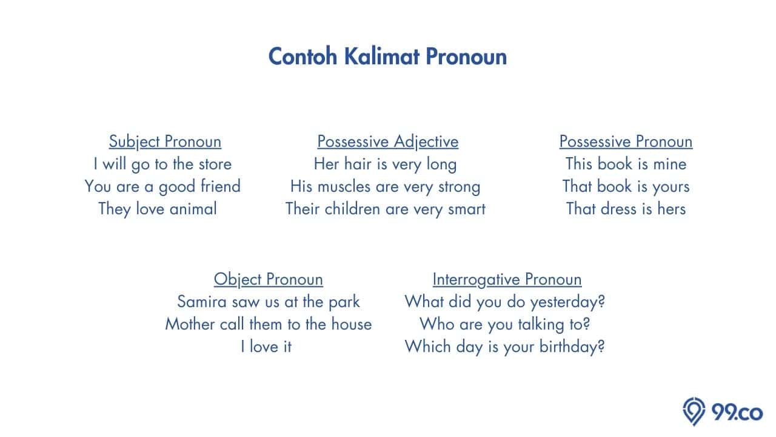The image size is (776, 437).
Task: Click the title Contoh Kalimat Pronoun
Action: pyautogui.click(x=387, y=56)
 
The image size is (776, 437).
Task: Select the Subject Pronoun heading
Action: pyautogui.click(x=165, y=142)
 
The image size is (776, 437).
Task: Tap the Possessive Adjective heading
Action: pyautogui.click(x=387, y=142)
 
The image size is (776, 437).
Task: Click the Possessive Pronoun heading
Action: pyautogui.click(x=626, y=141)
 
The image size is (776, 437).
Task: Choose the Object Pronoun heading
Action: pyautogui.click(x=268, y=280)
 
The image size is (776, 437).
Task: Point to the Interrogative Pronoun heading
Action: pyautogui.click(x=507, y=280)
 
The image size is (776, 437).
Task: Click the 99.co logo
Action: pyautogui.click(x=723, y=412)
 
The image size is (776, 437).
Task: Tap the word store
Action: pyautogui.click(x=215, y=164)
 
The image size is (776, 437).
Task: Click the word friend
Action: pyautogui.click(x=220, y=186)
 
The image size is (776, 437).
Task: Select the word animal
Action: pyautogui.click(x=193, y=209)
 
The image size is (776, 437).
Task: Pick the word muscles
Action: pyautogui.click(x=344, y=186)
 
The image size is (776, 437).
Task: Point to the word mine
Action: pyautogui.click(x=670, y=164)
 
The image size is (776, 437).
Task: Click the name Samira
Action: pyautogui.click(x=202, y=302)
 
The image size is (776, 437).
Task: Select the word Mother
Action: pyautogui.click(x=190, y=324)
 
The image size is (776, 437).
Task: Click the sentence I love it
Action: pyautogui.click(x=266, y=347)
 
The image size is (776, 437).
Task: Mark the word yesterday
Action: pyautogui.click(x=567, y=302)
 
